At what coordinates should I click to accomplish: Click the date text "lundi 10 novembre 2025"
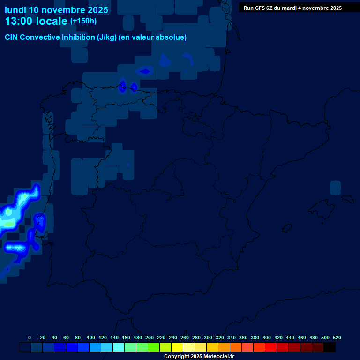click(56, 10)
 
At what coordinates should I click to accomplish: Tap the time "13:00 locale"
click(36, 21)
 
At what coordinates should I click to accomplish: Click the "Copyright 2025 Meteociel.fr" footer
click(199, 356)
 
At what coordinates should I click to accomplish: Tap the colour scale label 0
click(30, 337)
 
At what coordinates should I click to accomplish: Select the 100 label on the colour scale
click(91, 337)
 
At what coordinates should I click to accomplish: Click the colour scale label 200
click(150, 337)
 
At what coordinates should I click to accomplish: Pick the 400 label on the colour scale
click(267, 337)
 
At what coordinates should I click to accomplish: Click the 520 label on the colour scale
click(337, 337)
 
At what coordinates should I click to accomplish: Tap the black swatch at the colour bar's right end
click(330, 347)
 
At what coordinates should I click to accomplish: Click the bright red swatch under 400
click(271, 347)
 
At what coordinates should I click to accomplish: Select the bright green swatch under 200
click(154, 347)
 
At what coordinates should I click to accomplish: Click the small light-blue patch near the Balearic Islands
click(335, 187)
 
